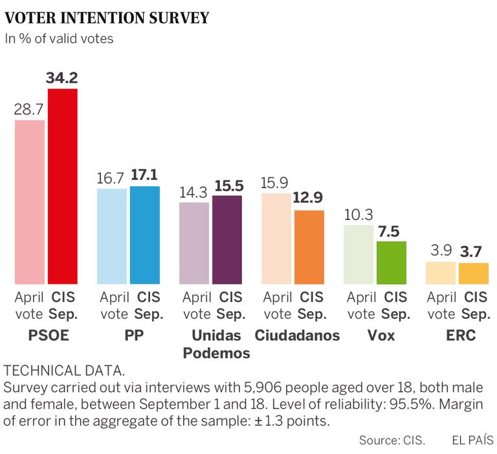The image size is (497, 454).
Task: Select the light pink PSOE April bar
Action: pos(30,202)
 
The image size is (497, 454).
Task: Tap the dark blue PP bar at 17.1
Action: pos(145,235)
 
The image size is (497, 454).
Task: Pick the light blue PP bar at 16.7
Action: pos(112,236)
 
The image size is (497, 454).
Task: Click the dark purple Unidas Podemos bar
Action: pos(227,239)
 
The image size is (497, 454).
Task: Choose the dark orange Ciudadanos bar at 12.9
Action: pos(309,247)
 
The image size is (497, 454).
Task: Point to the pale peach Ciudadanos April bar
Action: pos(276,238)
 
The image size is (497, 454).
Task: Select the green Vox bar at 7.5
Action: pos(392,263)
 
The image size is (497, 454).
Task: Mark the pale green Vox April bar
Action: pos(359,255)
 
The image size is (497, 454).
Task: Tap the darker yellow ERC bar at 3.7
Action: pos(474,274)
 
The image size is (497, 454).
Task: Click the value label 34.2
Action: pos(62,78)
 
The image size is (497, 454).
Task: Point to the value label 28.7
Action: pos(30,109)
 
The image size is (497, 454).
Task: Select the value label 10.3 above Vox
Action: pos(359,214)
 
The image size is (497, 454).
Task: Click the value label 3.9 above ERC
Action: pos(442,250)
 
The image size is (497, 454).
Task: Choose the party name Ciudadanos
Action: pos(297,336)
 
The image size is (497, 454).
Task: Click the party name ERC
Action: pos(461,336)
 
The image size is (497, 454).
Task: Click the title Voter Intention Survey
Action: pos(107,17)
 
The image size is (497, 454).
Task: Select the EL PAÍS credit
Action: pos(472,440)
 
